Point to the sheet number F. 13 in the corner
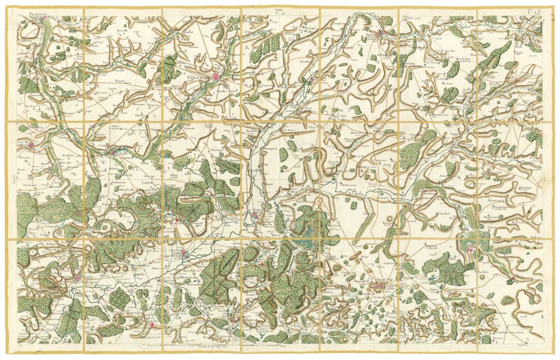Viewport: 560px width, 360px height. (533, 11)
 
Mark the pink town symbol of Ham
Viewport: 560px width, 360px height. (112, 151)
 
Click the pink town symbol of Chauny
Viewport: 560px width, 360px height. (185, 254)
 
